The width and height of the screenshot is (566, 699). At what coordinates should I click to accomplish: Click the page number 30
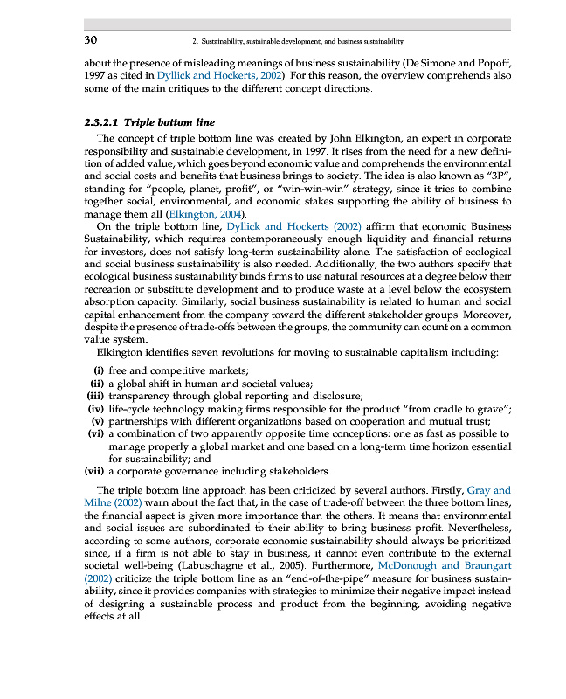(90, 40)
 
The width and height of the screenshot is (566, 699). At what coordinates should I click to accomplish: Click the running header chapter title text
(296, 41)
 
